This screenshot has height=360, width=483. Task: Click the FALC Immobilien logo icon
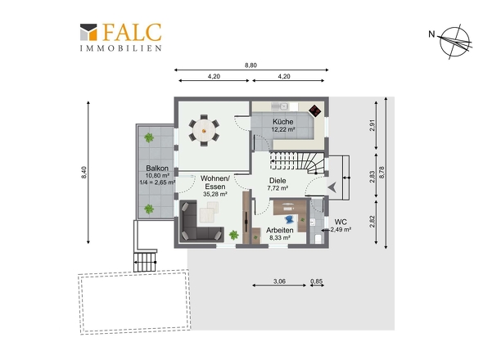tap(88, 32)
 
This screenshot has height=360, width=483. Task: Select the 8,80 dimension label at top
tap(251, 65)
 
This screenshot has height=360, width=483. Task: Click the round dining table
tap(203, 131)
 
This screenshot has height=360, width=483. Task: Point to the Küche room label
tap(282, 122)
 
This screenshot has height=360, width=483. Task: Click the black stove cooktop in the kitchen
tap(315, 110)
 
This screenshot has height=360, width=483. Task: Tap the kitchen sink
tap(280, 106)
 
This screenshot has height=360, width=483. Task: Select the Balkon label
tap(157, 169)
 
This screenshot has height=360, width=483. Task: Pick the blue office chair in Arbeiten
tap(290, 219)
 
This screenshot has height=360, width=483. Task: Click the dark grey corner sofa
tap(199, 222)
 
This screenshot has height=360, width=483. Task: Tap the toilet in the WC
tap(318, 238)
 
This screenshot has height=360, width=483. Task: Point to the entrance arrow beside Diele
tap(332, 187)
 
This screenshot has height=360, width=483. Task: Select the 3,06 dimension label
tap(279, 281)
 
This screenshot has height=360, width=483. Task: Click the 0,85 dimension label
tap(317, 281)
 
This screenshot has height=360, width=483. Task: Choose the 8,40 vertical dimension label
tap(84, 172)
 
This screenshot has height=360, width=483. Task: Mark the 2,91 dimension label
tap(372, 125)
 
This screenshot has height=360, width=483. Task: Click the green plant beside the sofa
tap(234, 236)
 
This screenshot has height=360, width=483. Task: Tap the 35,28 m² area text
tap(215, 195)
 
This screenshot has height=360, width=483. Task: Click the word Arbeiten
tap(280, 230)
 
